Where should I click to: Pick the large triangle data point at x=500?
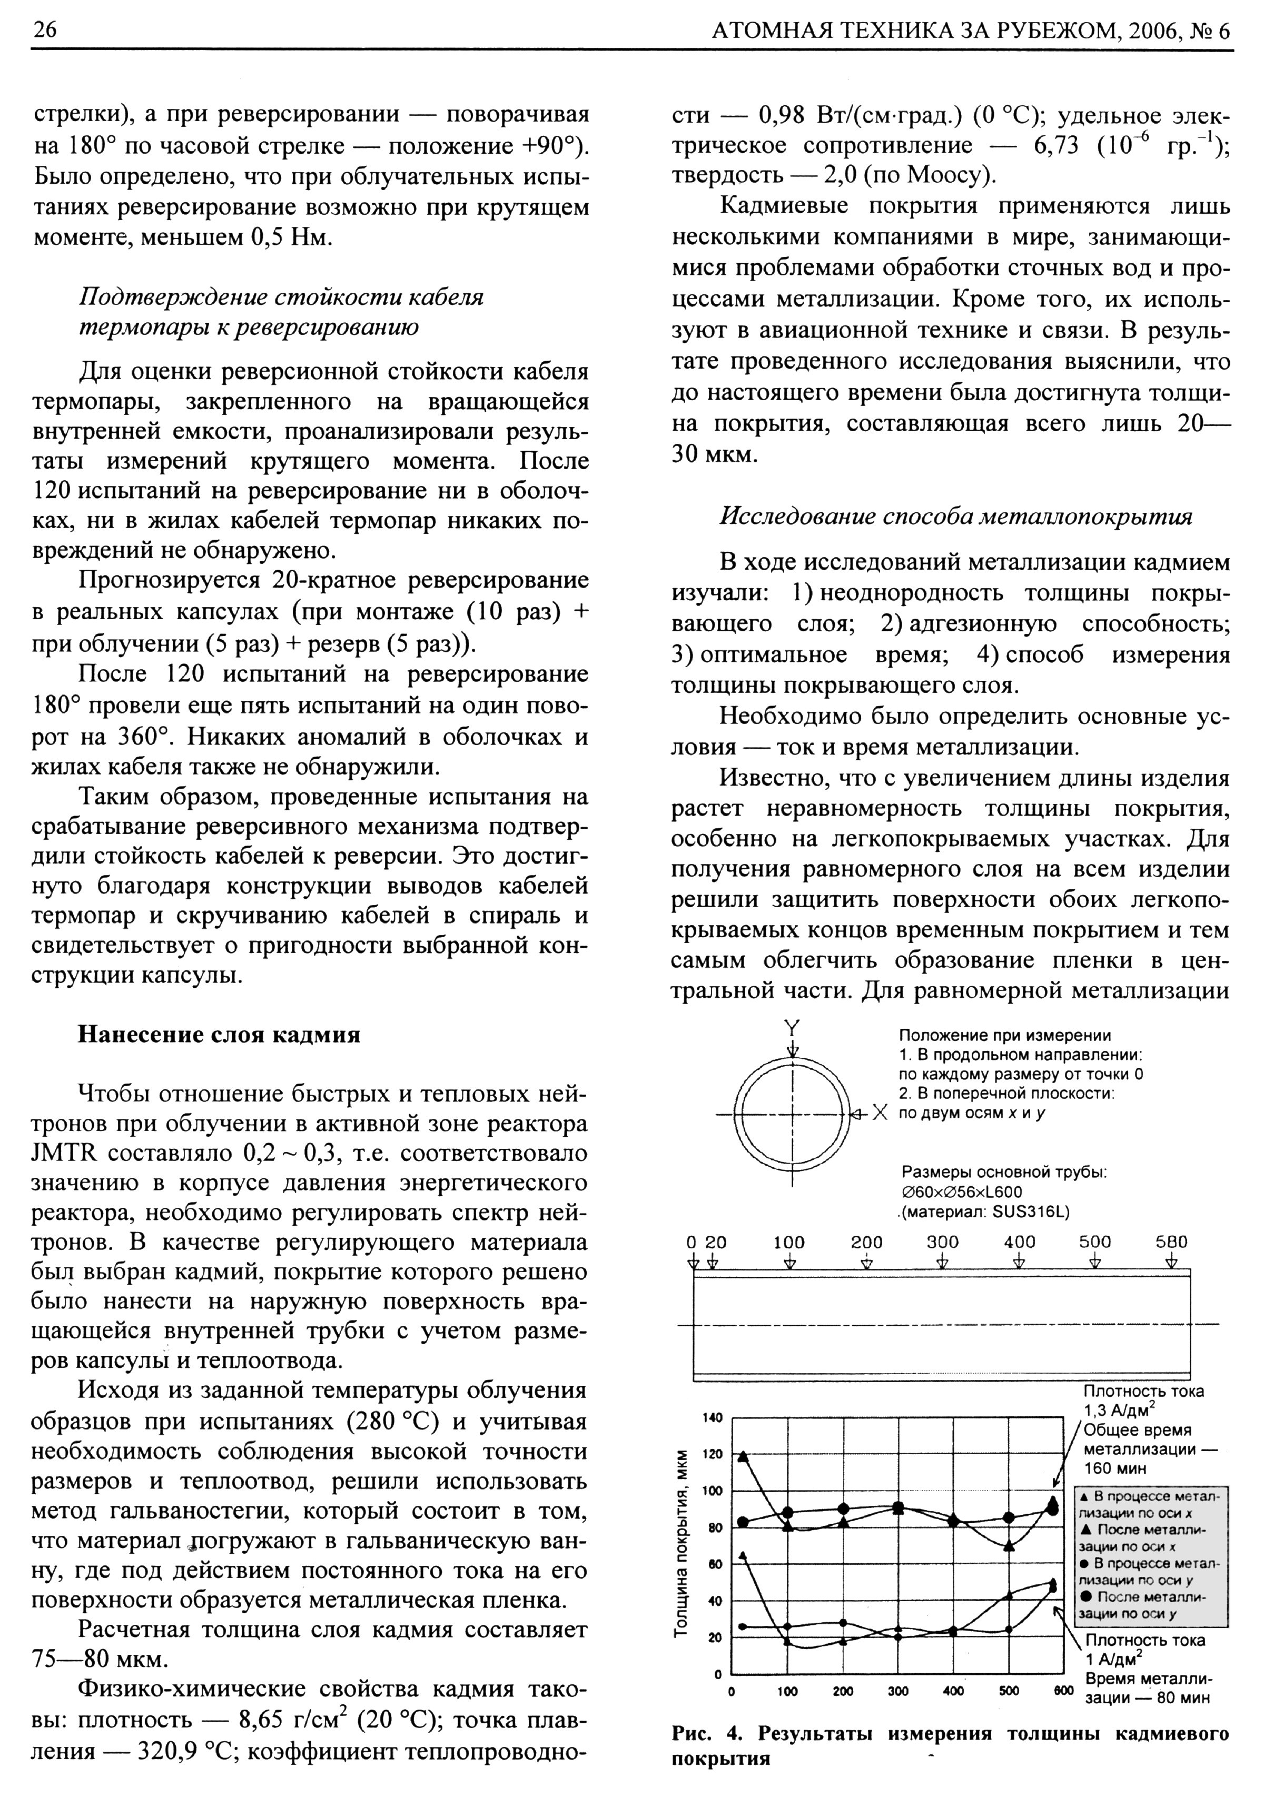click(x=1010, y=1546)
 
